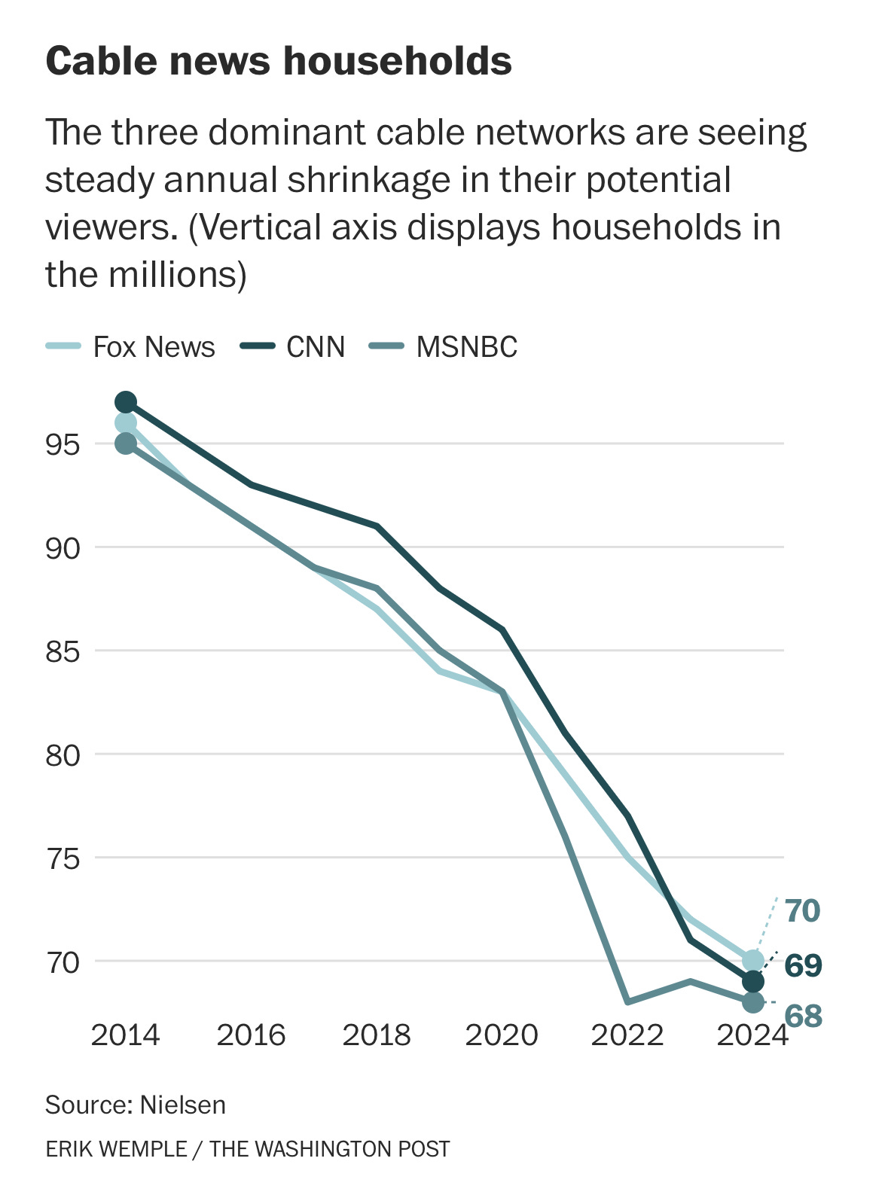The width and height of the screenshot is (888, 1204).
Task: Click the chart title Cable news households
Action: click(279, 61)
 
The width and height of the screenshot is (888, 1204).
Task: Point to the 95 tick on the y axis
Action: click(63, 445)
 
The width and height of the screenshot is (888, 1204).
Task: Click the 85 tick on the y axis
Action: click(63, 651)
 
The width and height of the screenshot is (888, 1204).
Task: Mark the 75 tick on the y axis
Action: click(63, 858)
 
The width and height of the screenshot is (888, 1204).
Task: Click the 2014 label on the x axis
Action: click(125, 1035)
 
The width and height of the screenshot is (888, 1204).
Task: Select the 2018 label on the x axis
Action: click(377, 1035)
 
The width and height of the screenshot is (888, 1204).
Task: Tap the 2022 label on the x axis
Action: click(627, 1035)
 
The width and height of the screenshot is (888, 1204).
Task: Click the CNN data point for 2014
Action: click(126, 402)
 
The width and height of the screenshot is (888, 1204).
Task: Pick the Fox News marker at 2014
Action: click(126, 423)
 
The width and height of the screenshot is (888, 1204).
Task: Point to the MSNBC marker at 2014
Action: click(126, 444)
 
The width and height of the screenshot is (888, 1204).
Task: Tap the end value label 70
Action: click(802, 911)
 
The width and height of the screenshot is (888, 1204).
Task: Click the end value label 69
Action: click(803, 965)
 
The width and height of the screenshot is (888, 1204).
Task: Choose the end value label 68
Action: click(803, 1017)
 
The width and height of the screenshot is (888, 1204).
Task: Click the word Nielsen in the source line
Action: click(183, 1105)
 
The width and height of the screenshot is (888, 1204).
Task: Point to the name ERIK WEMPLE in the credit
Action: click(116, 1149)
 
